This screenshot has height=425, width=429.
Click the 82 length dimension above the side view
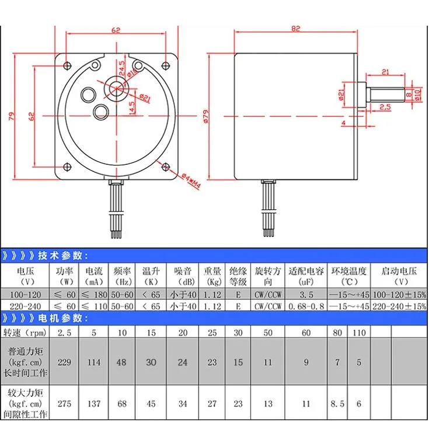(295, 29)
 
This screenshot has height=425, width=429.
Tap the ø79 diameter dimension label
(206, 116)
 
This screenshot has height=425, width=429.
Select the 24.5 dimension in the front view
(122, 68)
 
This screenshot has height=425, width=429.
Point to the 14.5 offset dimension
(131, 108)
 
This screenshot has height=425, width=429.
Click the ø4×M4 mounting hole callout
(191, 181)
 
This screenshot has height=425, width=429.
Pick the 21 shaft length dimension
(385, 72)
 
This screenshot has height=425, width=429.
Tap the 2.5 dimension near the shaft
(385, 106)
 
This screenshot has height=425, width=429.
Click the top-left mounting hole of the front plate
(67, 65)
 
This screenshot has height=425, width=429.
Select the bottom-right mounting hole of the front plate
(166, 167)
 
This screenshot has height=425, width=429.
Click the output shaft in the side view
(385, 95)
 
